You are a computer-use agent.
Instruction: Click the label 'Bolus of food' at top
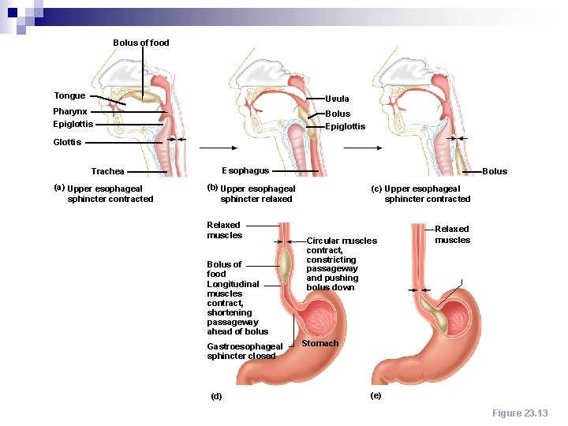pyautogui.click(x=141, y=43)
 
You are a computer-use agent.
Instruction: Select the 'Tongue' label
pyautogui.click(x=69, y=95)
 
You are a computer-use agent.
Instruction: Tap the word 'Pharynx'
pyautogui.click(x=70, y=112)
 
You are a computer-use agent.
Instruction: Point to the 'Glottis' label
pyautogui.click(x=67, y=142)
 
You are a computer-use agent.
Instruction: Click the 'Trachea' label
pyautogui.click(x=107, y=171)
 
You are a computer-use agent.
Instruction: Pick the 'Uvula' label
pyautogui.click(x=337, y=99)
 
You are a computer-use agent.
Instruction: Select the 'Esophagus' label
pyautogui.click(x=245, y=170)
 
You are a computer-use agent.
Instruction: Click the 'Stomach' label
pyautogui.click(x=319, y=343)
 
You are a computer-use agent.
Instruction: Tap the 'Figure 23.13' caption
pyautogui.click(x=519, y=413)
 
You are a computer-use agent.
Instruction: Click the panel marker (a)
pyautogui.click(x=58, y=187)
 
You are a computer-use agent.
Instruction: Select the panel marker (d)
pyautogui.click(x=216, y=396)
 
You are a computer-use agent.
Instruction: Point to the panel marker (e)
pyautogui.click(x=376, y=395)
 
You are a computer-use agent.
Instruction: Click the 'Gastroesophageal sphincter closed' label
pyautogui.click(x=244, y=351)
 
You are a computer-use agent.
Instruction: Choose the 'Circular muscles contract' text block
pyautogui.click(x=341, y=264)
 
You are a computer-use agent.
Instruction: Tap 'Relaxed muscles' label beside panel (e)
pyautogui.click(x=452, y=234)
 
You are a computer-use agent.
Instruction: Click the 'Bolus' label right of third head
pyautogui.click(x=495, y=171)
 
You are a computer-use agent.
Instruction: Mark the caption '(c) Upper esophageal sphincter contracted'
pyautogui.click(x=421, y=193)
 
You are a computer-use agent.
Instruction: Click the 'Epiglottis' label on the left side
pyautogui.click(x=73, y=124)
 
